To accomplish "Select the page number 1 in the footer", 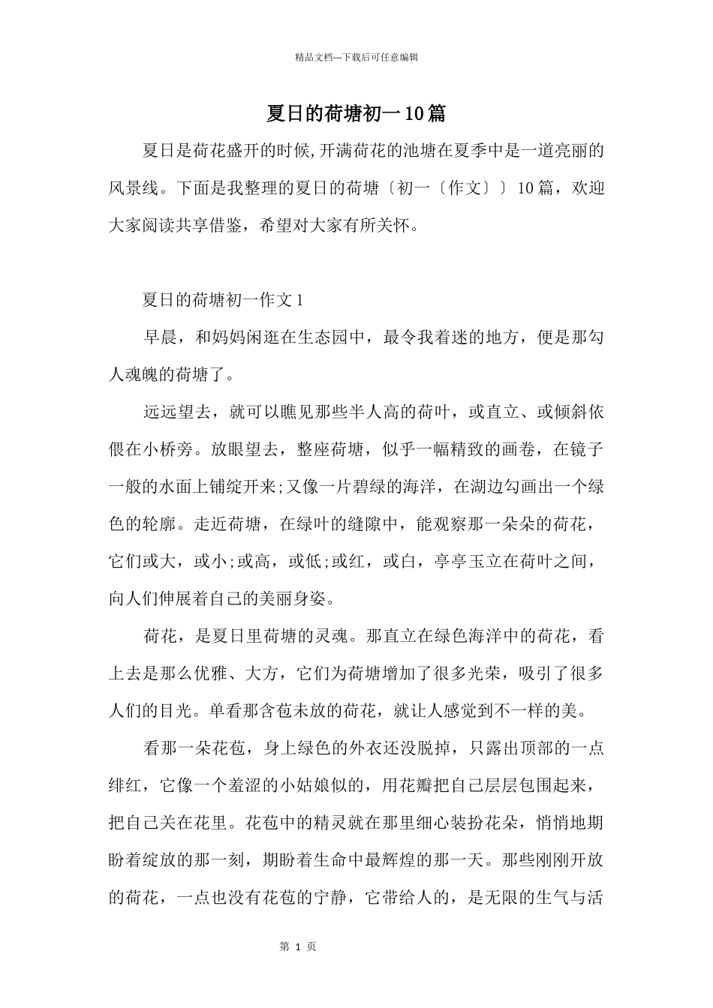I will pyautogui.click(x=298, y=947).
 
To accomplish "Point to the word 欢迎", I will pyautogui.click(x=587, y=187).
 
